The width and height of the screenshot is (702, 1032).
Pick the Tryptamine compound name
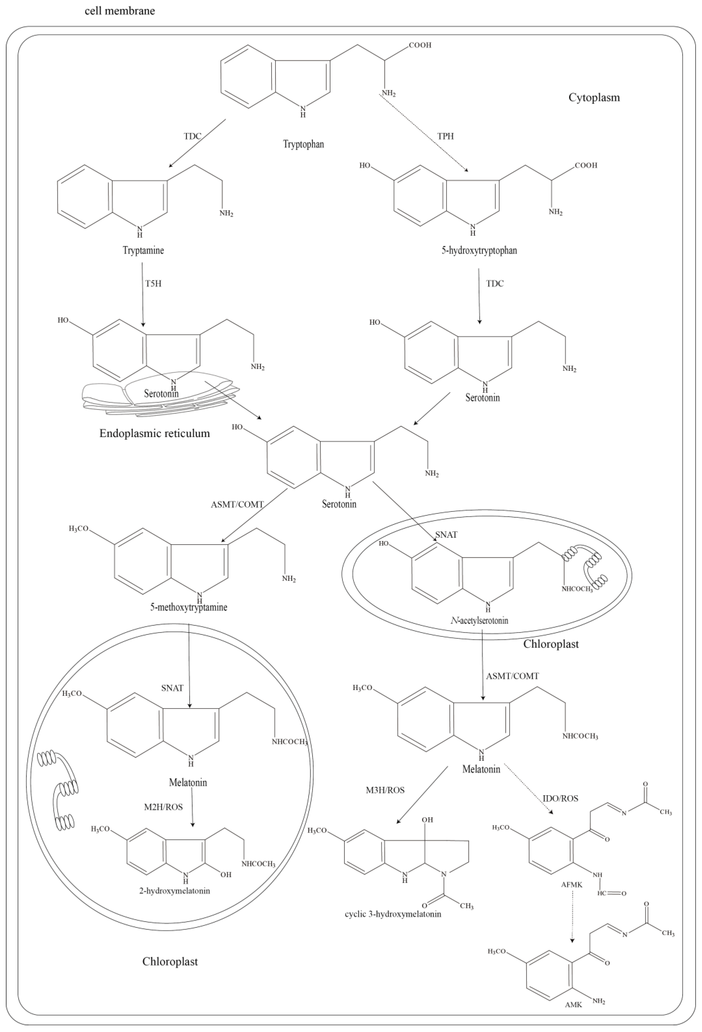pyautogui.click(x=143, y=250)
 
